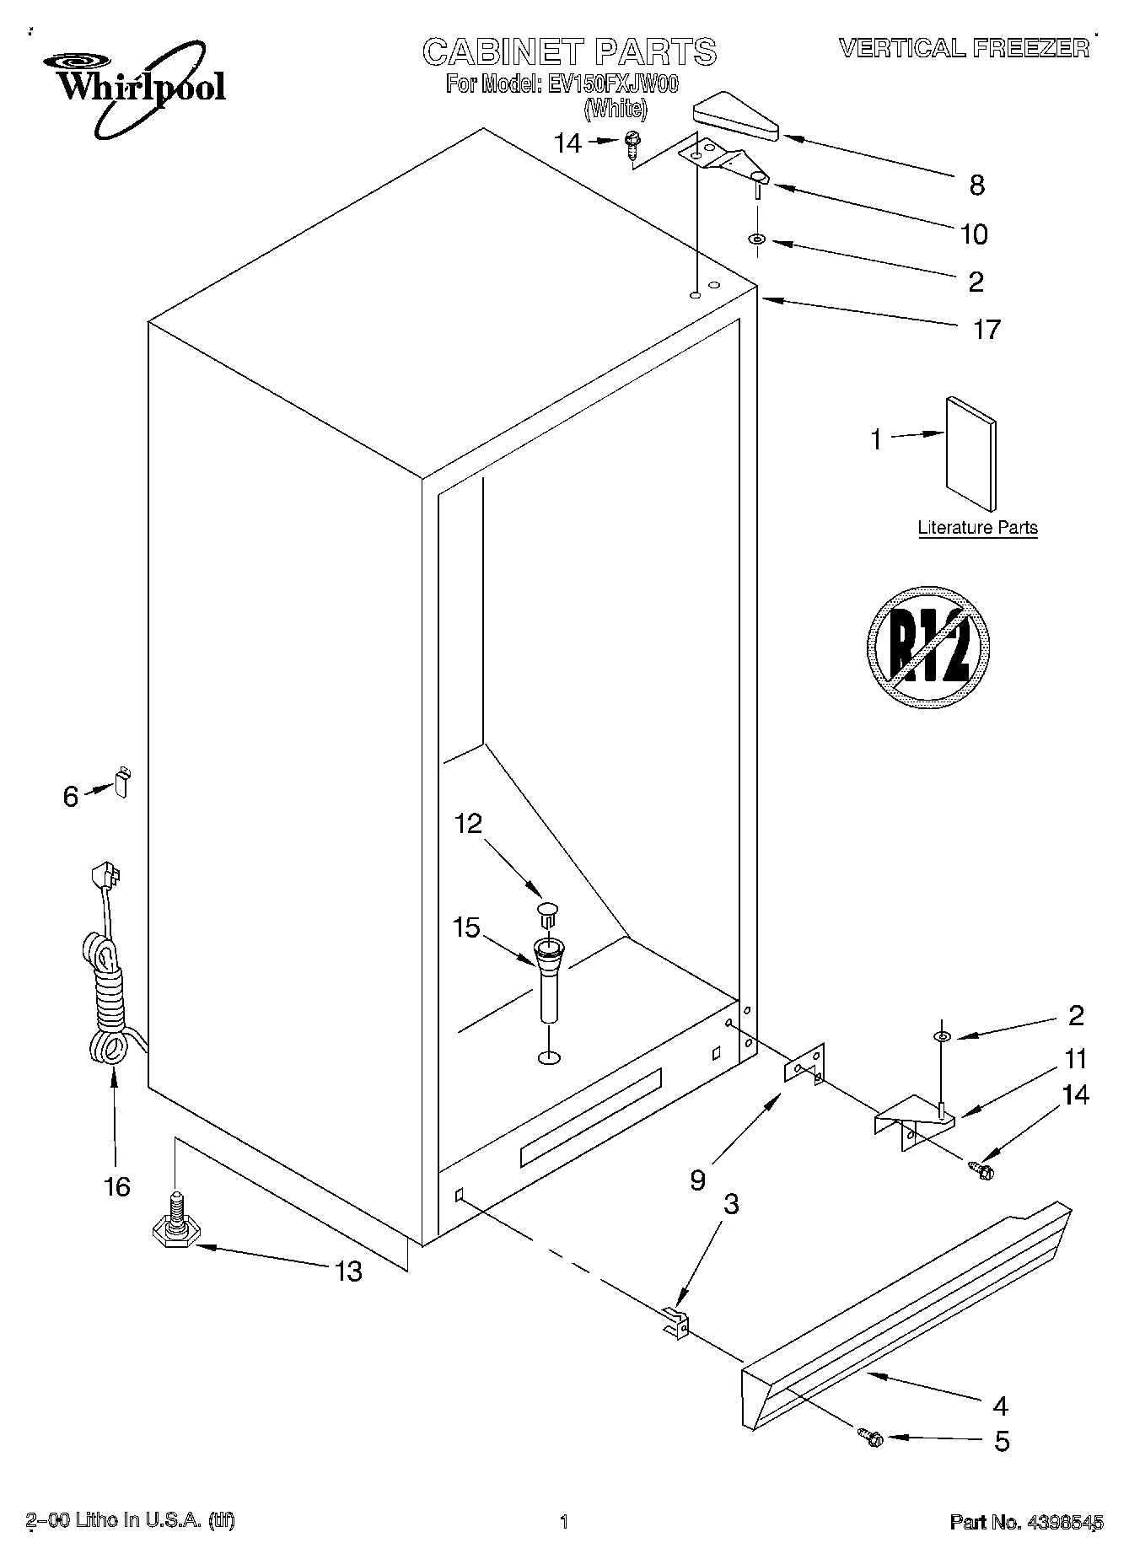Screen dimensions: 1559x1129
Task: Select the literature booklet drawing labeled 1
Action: (970, 465)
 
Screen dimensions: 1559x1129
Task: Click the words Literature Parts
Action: (977, 528)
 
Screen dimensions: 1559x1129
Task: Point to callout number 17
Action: (986, 329)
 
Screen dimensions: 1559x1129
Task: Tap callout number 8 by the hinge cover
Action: (976, 185)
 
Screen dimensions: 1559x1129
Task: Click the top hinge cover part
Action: (735, 119)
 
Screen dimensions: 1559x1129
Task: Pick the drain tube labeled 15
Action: (549, 978)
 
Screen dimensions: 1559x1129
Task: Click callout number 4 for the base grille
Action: (1000, 1405)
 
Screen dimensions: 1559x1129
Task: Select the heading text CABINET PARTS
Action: (569, 52)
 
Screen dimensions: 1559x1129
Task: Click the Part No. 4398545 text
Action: (1026, 1522)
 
